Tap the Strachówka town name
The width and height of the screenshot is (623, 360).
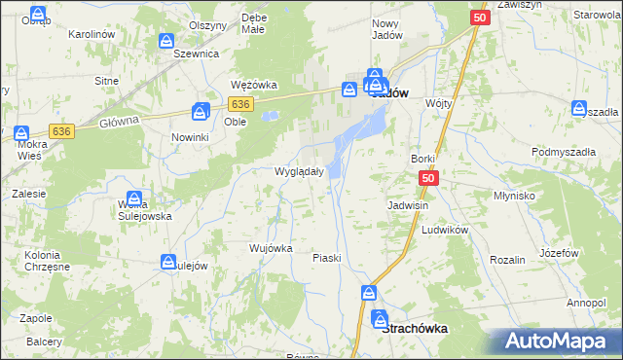pos(416,329)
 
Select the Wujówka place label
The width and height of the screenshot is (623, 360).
pos(271,248)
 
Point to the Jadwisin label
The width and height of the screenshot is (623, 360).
pos(408,206)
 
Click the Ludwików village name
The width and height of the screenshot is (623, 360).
pos(446,230)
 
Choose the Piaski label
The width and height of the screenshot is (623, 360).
pos(326,258)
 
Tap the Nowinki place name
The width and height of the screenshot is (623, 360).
pos(191,138)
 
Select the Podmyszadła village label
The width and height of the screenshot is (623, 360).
pos(564,152)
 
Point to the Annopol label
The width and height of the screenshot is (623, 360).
pos(585,303)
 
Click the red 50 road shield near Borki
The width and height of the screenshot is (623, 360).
pos(430,179)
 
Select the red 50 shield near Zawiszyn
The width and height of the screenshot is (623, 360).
pos(479,18)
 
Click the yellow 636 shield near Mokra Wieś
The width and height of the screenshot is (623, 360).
pos(62,130)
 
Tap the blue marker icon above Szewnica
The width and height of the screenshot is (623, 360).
pos(165,42)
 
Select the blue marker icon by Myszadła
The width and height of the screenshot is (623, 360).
pos(580,109)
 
